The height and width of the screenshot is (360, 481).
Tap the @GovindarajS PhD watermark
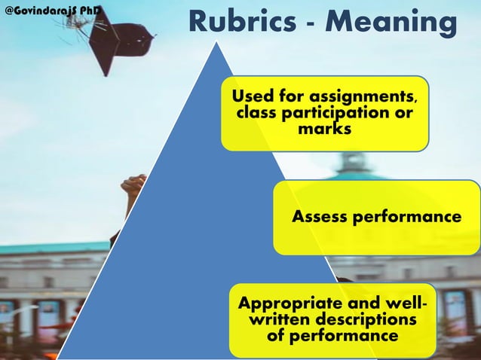tap(54, 11)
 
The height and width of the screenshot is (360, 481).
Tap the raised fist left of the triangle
tap(133, 188)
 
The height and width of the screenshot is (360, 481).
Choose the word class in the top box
tap(257, 114)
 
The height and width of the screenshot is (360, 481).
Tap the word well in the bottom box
tap(398, 304)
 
